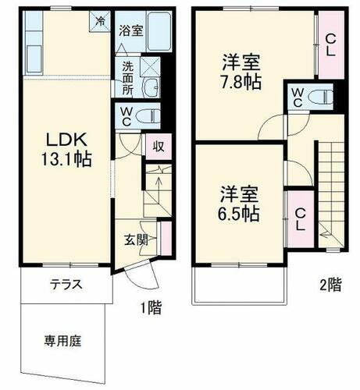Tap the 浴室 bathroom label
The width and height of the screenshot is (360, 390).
(130, 31)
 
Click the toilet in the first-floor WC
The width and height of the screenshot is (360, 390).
(146, 117)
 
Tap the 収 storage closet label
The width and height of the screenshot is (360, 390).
(158, 145)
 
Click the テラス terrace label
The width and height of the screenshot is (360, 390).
(67, 284)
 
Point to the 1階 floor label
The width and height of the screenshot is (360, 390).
(151, 307)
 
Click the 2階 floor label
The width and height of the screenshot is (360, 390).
(330, 285)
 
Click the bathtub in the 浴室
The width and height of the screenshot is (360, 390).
(159, 31)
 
